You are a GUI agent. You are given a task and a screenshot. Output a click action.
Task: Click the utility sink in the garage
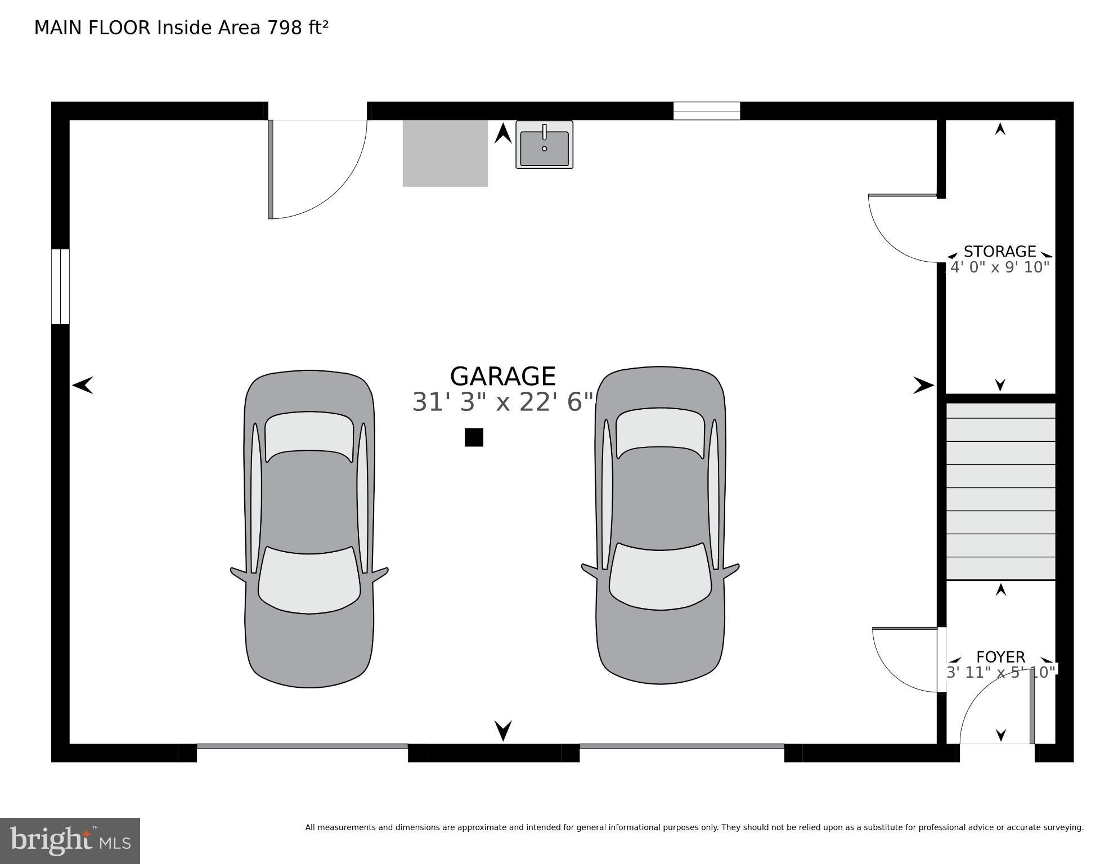point(544,145)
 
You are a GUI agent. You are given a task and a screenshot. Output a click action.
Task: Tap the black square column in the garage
point(474,437)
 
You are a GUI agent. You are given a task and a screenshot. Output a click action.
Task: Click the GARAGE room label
point(502,376)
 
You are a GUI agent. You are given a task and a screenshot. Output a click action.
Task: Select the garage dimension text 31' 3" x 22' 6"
point(502,402)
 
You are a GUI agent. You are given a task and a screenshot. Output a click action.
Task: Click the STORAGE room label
point(999,251)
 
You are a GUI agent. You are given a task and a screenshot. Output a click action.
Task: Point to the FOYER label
point(1000,657)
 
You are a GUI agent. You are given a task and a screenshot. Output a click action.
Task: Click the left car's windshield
point(309,580)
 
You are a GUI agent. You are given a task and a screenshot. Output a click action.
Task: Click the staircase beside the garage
point(1000,491)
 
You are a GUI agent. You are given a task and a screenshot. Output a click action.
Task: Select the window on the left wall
point(60,286)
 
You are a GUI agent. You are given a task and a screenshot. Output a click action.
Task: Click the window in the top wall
point(706,111)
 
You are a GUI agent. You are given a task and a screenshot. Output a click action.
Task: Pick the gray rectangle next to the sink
point(445,153)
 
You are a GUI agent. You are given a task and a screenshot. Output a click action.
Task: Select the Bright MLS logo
point(70,840)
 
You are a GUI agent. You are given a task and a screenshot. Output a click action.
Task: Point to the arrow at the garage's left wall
point(83,386)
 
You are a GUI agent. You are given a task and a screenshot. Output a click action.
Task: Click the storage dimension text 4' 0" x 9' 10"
point(1000,267)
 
